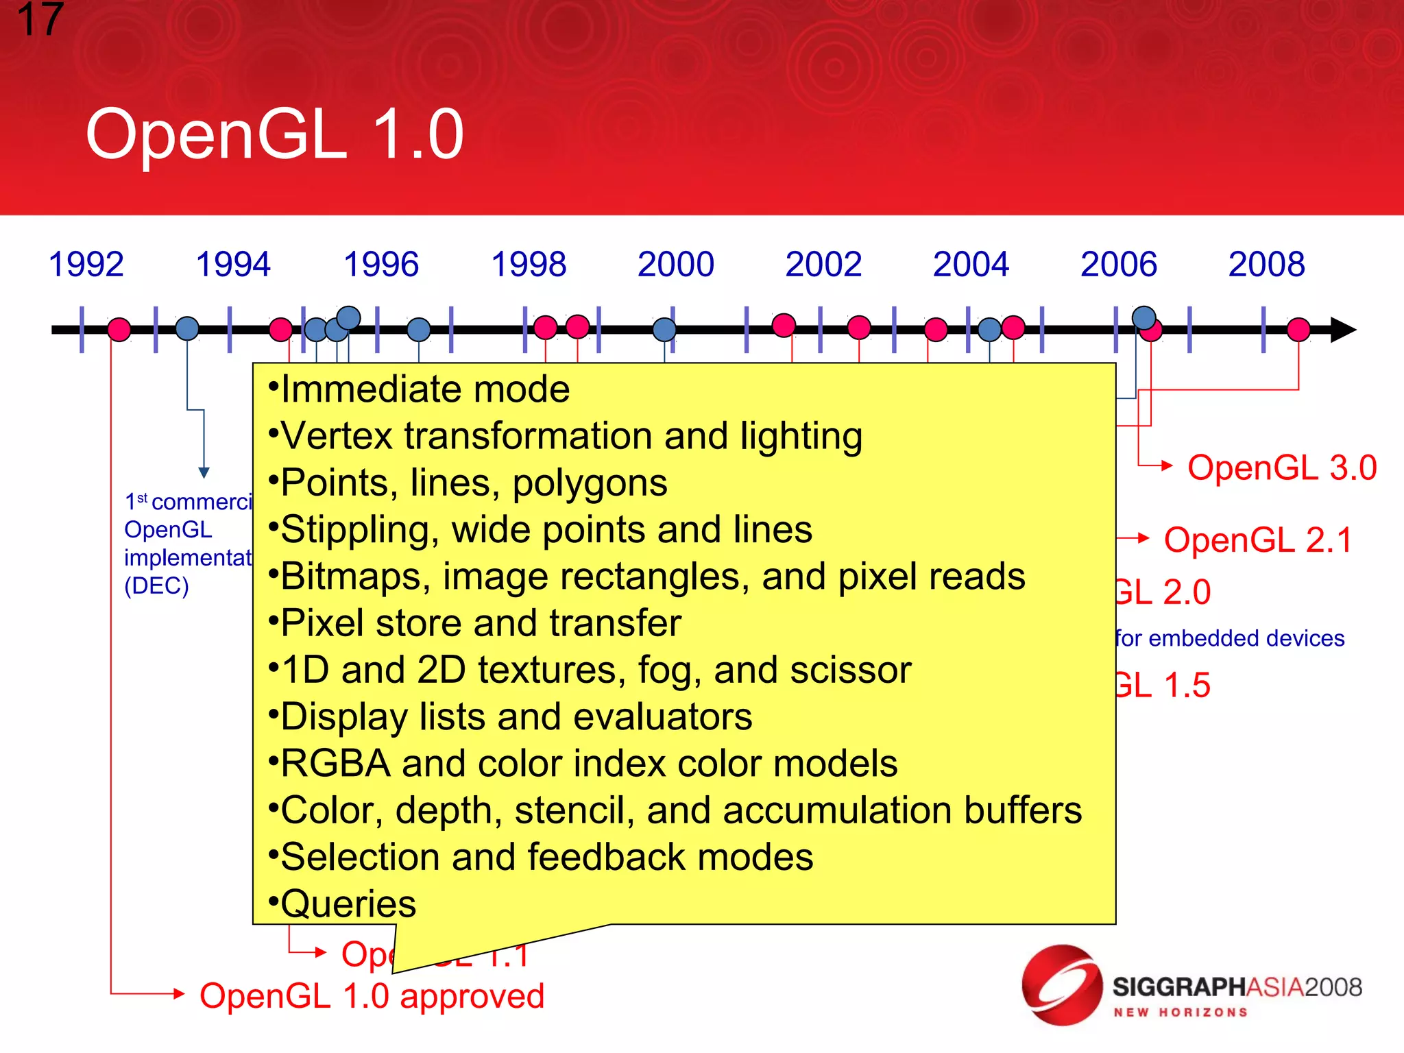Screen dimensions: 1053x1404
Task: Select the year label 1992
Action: (x=86, y=265)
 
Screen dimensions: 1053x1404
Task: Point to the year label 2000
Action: (x=675, y=265)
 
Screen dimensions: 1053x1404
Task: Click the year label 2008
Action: (x=1266, y=265)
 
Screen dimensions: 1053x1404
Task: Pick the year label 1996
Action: (x=380, y=265)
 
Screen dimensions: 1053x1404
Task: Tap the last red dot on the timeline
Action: (x=1298, y=330)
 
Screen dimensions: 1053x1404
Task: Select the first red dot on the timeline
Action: (x=119, y=330)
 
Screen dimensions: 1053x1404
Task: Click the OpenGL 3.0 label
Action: (x=1281, y=468)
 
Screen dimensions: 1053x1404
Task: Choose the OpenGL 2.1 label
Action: (x=1258, y=540)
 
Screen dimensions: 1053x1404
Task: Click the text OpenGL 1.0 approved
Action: (x=372, y=996)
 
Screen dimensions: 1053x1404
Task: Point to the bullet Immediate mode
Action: (x=425, y=389)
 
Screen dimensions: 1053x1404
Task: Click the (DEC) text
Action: (x=156, y=586)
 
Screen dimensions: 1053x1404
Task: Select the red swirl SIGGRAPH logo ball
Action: (x=1061, y=985)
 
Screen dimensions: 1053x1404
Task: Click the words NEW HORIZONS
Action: (x=1180, y=1013)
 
